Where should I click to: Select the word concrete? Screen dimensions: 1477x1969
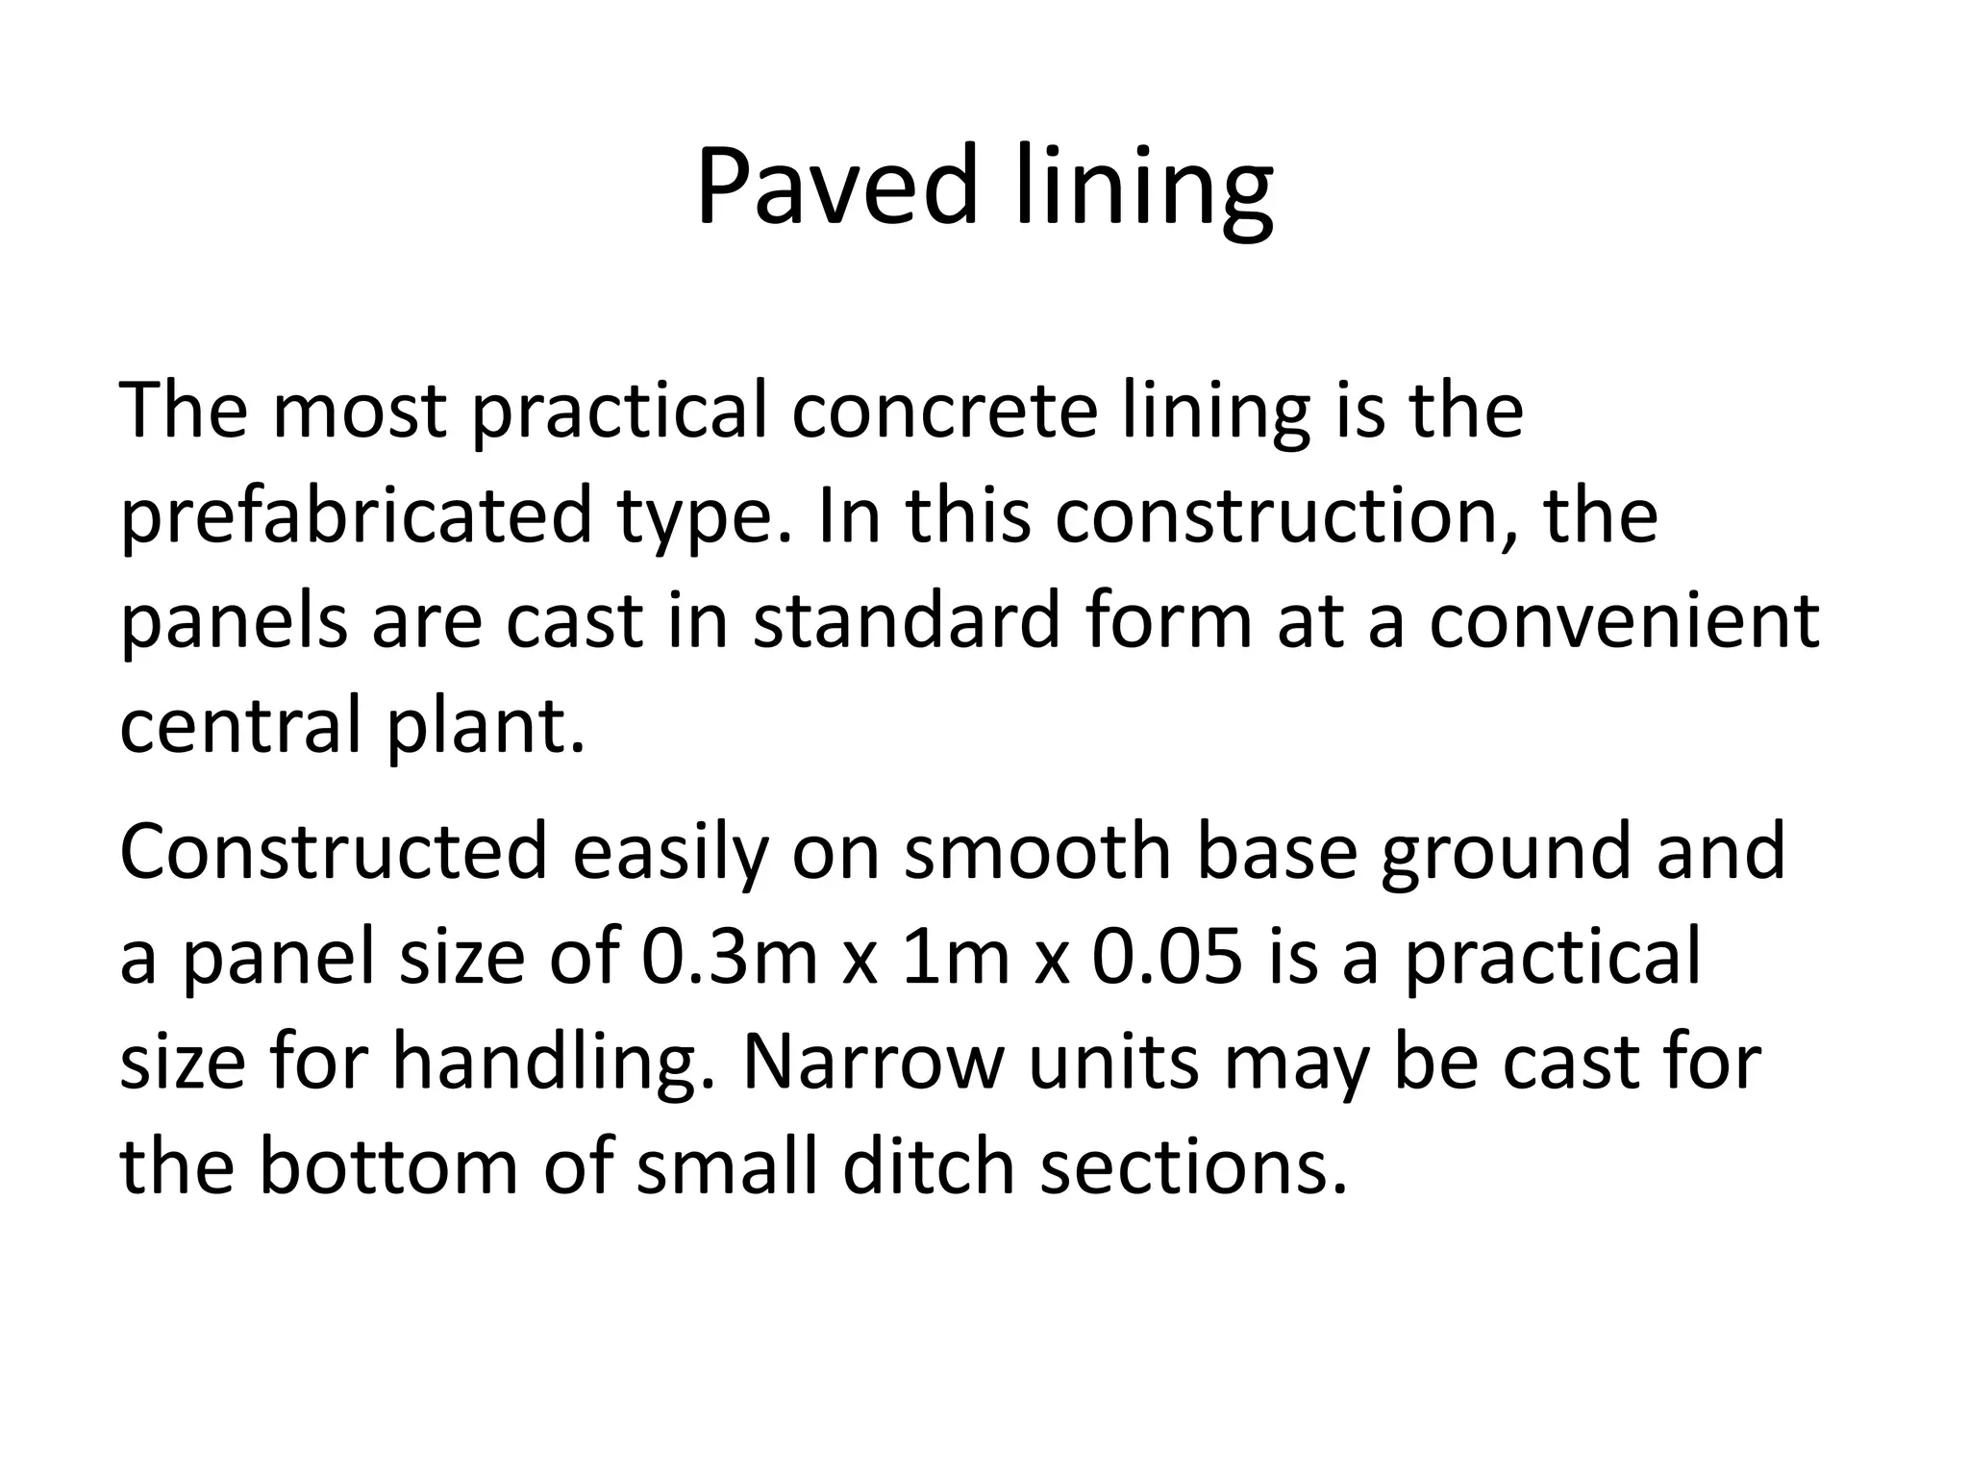coord(943,411)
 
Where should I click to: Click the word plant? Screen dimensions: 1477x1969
coord(486,725)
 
